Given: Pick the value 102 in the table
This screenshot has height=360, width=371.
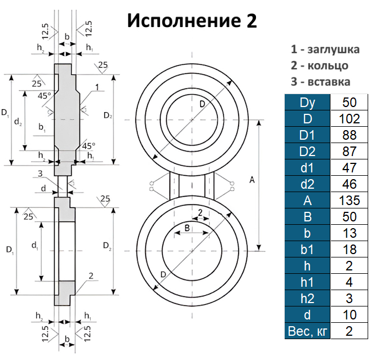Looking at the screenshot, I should [x=350, y=119].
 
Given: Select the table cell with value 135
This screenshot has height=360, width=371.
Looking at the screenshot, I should [x=350, y=200].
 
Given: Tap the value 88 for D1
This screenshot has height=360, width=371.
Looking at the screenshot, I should [x=350, y=135].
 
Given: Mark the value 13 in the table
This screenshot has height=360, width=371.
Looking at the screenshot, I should [x=350, y=233].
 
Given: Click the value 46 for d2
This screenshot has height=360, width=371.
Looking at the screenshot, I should [x=350, y=184].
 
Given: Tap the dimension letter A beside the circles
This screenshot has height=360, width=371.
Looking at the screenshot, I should [x=251, y=180].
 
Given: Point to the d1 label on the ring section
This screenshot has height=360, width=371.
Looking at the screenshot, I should [x=34, y=245].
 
